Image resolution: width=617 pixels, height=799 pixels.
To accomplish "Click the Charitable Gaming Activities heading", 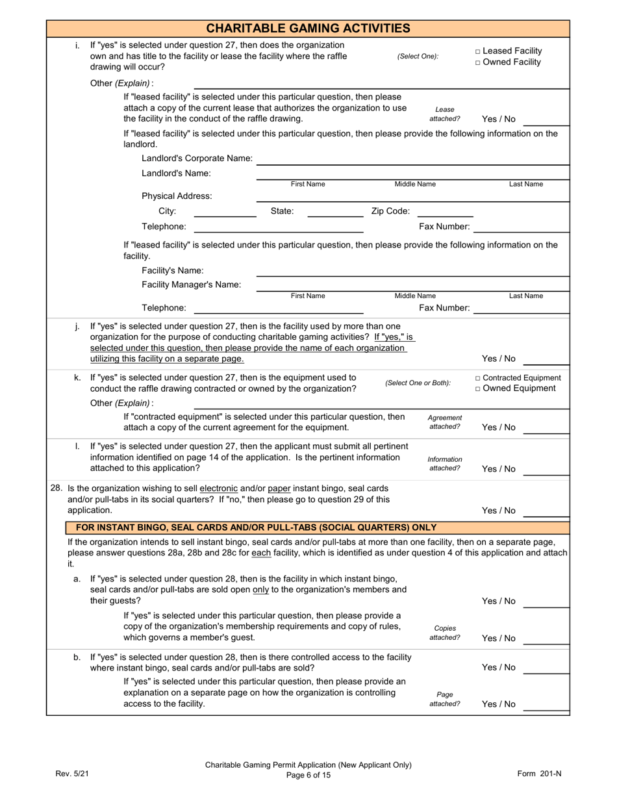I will [308, 28].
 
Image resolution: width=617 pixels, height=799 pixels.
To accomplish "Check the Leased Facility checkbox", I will [478, 51].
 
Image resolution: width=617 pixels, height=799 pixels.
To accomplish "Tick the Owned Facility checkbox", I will [478, 62].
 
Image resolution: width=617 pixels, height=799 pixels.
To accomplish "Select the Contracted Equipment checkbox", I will [478, 378].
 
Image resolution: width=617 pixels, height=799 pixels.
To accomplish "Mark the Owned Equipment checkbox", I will [478, 389].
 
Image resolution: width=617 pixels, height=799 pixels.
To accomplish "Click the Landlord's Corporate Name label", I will [197, 159].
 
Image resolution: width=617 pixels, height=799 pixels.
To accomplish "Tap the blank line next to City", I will [225, 211].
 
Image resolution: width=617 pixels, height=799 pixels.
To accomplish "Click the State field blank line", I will [335, 211].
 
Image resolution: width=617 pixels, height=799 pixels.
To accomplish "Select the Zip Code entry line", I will [444, 211].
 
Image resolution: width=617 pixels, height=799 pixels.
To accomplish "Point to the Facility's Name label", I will [172, 270].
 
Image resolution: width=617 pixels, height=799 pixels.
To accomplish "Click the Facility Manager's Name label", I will [191, 285].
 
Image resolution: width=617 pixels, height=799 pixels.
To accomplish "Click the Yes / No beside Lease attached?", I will [499, 119].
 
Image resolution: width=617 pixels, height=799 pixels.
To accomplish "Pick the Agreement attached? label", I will [445, 422].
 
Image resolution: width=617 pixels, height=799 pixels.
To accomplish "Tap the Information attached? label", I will [445, 464].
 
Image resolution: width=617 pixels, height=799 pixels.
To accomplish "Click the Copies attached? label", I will [445, 633].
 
